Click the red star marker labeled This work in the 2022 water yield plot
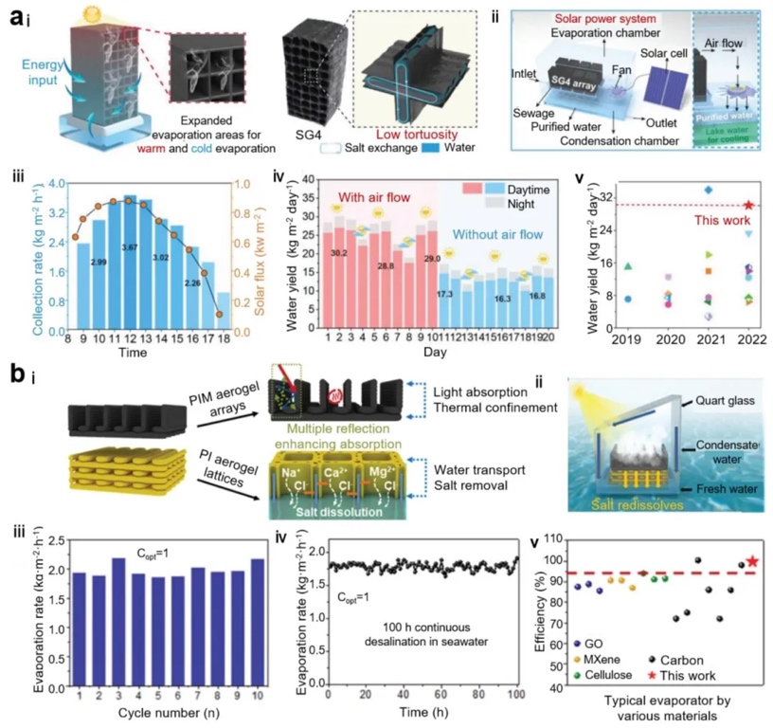[748, 205]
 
